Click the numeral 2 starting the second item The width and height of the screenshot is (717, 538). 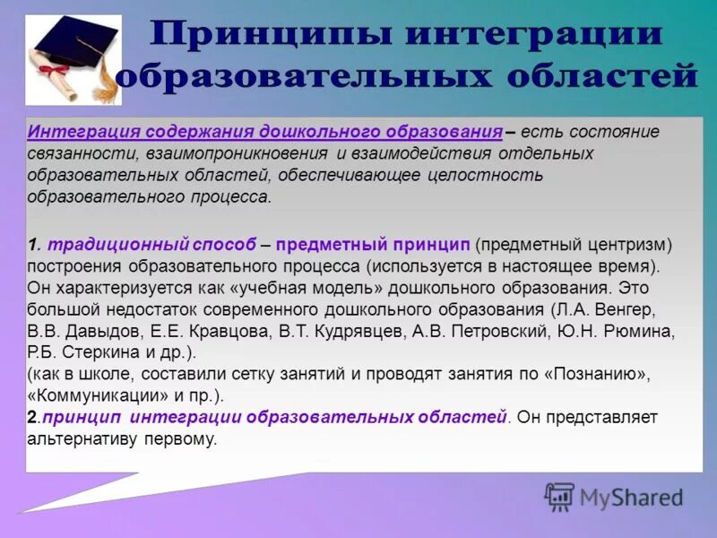click(31, 418)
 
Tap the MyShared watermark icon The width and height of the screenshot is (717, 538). click(559, 497)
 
